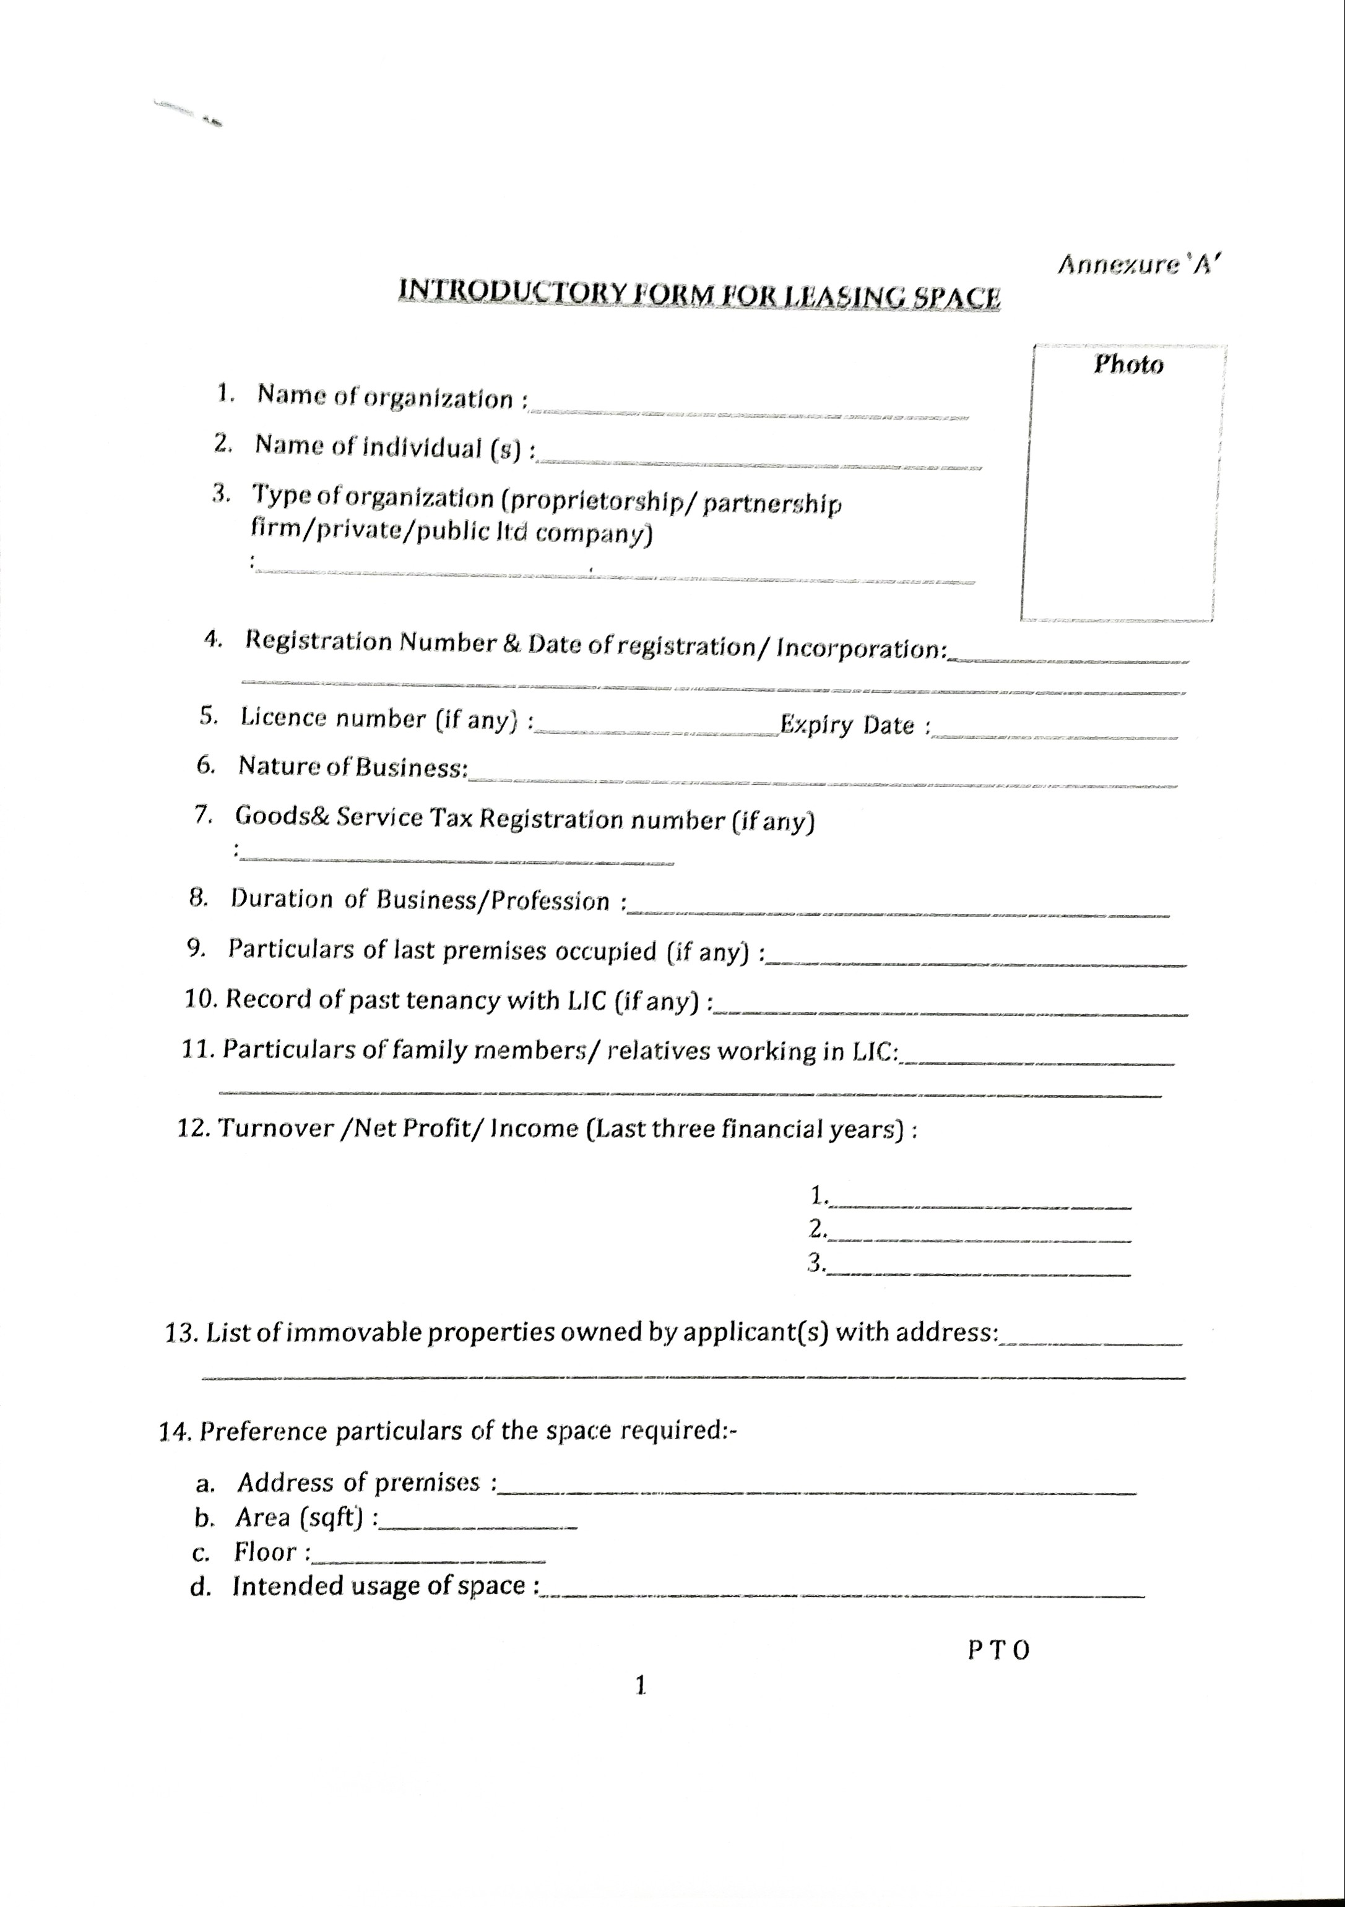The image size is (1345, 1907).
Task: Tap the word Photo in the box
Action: pos(1128,364)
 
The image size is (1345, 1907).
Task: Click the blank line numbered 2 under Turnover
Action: pos(980,1239)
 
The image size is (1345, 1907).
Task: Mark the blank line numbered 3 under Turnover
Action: pos(980,1274)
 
